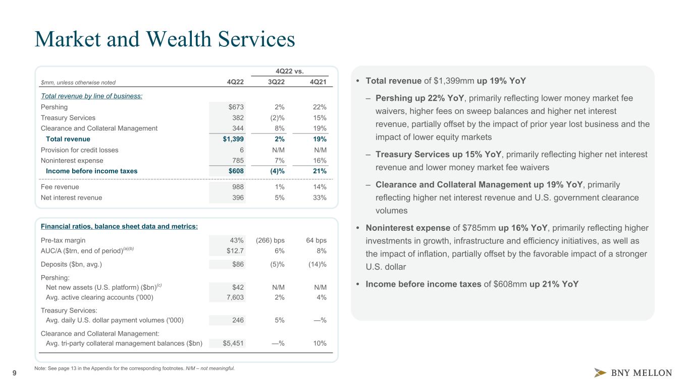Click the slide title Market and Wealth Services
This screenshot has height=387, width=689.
pos(165,40)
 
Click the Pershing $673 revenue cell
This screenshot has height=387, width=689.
pos(235,107)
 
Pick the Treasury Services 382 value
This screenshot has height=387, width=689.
pos(237,117)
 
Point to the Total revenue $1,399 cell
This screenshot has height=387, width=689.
pos(233,139)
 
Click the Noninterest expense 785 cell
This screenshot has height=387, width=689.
pos(237,160)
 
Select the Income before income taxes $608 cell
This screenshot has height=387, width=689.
pos(235,171)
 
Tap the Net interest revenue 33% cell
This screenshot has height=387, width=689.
pos(319,198)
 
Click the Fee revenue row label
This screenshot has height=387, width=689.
pos(60,187)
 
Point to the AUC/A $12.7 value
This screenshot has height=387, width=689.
pos(235,250)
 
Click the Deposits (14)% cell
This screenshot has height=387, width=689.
pos(316,264)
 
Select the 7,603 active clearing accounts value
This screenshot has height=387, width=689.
pos(235,297)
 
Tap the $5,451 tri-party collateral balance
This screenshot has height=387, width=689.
pos(234,343)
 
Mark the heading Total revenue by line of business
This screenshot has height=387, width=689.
pos(91,96)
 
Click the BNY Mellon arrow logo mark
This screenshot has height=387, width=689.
pos(601,373)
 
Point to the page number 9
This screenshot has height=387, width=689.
pos(14,373)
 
